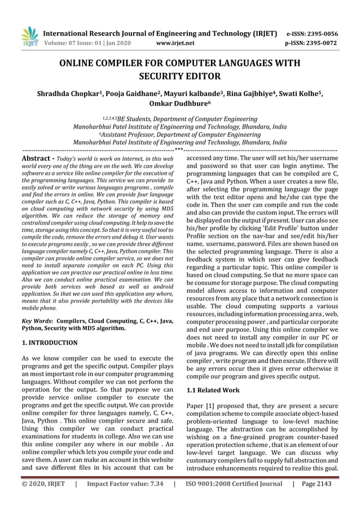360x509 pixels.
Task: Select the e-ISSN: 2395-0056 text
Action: tap(312, 33)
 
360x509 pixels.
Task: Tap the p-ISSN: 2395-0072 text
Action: tap(312, 42)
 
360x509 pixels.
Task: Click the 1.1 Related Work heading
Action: tap(213, 390)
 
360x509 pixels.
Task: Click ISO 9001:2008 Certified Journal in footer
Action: tap(234, 499)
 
